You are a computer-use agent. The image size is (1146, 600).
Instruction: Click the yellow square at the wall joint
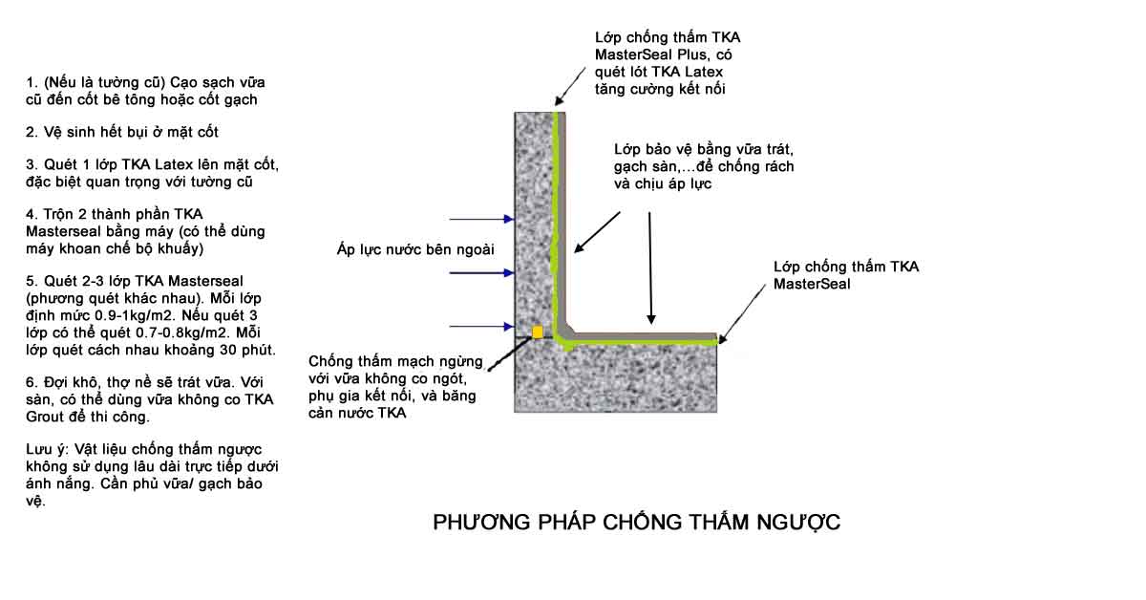[537, 332]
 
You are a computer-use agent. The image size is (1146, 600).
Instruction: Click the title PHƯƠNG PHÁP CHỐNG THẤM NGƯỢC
[636, 523]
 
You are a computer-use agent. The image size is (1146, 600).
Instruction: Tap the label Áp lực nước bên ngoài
[415, 249]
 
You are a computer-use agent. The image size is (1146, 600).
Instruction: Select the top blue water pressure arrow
[481, 219]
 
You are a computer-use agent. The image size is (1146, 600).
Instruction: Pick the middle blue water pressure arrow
[481, 273]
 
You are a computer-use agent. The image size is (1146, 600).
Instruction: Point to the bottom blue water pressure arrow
[481, 326]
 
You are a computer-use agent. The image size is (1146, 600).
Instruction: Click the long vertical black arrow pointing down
[650, 268]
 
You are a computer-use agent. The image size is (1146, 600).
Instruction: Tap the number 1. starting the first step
[32, 82]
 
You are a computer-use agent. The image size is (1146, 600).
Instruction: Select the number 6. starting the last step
[32, 382]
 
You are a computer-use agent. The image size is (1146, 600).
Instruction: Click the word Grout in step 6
[45, 417]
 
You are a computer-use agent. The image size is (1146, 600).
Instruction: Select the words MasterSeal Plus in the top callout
[650, 54]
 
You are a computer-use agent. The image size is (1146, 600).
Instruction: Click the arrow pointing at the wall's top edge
[570, 86]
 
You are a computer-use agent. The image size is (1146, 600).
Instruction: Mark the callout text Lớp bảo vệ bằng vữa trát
[704, 149]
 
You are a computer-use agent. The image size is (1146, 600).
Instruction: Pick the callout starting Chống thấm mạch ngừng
[395, 387]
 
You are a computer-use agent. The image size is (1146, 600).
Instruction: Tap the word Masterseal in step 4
[63, 231]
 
